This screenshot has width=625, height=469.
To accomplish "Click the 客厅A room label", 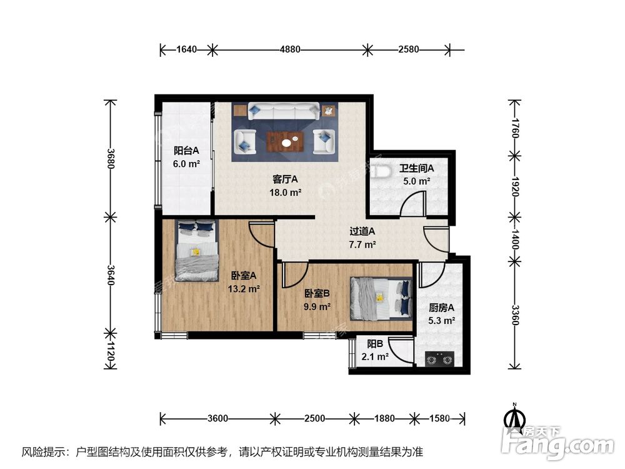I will [x=285, y=180].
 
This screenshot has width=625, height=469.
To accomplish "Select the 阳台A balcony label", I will [x=186, y=150].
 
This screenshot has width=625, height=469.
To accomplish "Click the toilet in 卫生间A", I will [x=378, y=173].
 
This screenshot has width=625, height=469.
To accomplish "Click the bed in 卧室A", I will [x=196, y=250].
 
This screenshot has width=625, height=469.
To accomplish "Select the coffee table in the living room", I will [x=285, y=142].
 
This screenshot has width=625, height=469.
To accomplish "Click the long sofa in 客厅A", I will [x=285, y=111].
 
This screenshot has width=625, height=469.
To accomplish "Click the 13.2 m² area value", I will [x=244, y=288].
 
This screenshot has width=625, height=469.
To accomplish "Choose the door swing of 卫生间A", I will [x=411, y=204].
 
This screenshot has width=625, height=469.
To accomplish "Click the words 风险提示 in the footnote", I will [x=41, y=451].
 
